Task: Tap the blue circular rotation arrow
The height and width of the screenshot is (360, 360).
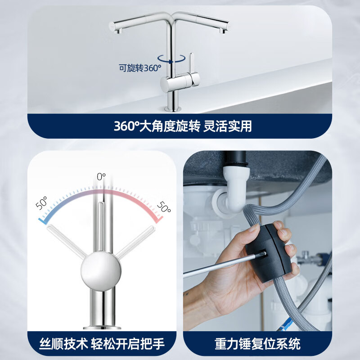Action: [x=171, y=59]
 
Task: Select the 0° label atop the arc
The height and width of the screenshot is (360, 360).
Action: [x=101, y=176]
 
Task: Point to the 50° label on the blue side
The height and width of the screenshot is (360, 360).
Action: [x=42, y=204]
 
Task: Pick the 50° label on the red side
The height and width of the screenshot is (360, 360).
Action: [x=163, y=207]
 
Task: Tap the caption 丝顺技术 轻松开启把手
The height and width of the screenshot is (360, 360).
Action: [x=101, y=345]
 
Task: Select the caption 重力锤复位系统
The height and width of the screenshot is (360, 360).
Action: [x=257, y=345]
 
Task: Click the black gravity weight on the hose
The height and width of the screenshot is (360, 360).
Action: [x=269, y=252]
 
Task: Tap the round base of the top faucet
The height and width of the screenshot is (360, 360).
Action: [x=172, y=108]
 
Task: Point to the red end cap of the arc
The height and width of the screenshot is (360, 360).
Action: [x=158, y=220]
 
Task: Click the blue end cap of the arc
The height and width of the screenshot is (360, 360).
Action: [x=43, y=220]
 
